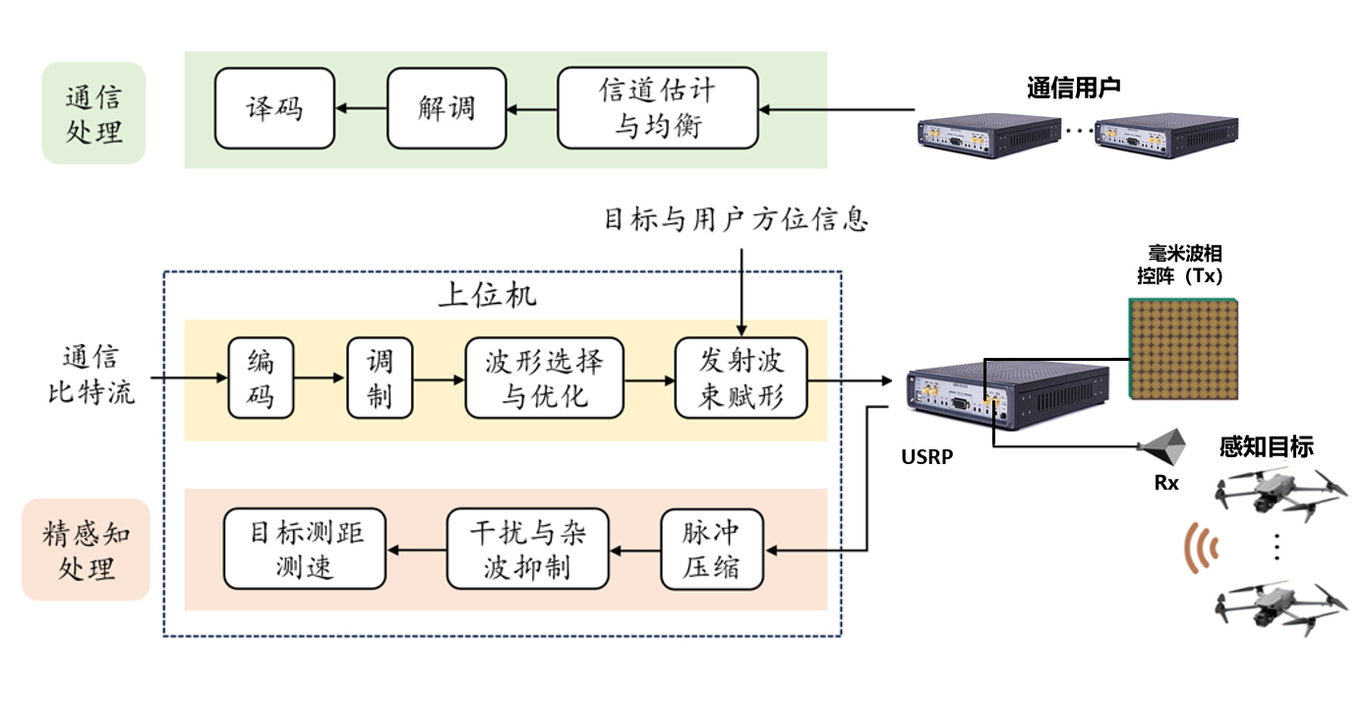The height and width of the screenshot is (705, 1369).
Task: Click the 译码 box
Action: click(x=274, y=108)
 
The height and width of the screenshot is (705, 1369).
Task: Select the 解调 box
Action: click(x=446, y=108)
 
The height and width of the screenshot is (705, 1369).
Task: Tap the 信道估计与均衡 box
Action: click(x=657, y=108)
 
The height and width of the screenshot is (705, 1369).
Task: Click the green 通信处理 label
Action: click(x=93, y=114)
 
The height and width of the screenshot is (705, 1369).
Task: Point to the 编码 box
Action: click(x=261, y=379)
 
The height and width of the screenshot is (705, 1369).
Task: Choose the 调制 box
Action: click(x=379, y=379)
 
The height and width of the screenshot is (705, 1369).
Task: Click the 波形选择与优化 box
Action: click(x=545, y=379)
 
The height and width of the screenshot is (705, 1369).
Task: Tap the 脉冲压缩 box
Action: click(x=710, y=549)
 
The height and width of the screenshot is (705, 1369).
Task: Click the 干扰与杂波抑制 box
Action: click(x=528, y=549)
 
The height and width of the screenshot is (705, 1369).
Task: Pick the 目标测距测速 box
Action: click(x=305, y=549)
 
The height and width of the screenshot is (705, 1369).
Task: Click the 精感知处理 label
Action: click(x=86, y=551)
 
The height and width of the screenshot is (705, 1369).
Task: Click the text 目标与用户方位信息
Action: click(x=736, y=219)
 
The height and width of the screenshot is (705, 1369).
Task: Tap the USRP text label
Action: click(x=926, y=457)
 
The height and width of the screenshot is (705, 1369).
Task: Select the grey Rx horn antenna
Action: click(x=1163, y=447)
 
